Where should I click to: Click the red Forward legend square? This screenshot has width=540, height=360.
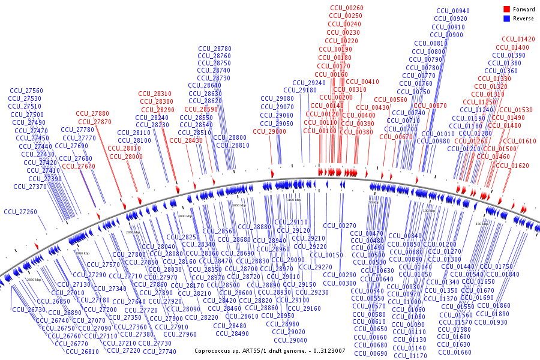coord(507,9)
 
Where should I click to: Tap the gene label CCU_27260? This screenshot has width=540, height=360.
coord(20,212)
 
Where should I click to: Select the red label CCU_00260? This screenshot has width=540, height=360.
coord(346,7)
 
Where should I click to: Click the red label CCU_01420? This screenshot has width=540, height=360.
coord(518,39)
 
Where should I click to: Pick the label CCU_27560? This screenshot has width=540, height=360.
coord(26,91)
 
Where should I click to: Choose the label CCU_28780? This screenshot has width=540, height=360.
coord(214,49)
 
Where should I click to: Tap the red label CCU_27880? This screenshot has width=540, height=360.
coord(92,113)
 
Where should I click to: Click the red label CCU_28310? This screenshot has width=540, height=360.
coord(155,94)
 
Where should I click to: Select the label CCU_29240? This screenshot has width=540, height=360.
coord(309,83)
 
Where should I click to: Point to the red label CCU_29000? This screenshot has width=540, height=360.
coord(269,131)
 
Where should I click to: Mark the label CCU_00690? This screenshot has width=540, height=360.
coord(371,353)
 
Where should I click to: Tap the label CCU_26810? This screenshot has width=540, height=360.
coord(82,352)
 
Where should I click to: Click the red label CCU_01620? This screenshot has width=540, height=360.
coord(512,166)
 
